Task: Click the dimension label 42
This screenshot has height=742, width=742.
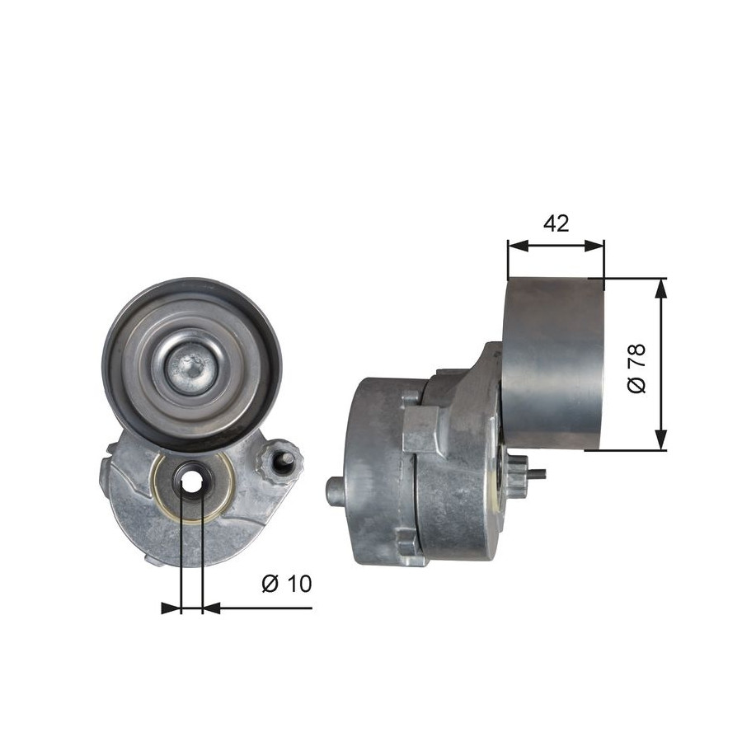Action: click(x=556, y=223)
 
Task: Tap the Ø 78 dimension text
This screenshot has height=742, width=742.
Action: click(x=636, y=369)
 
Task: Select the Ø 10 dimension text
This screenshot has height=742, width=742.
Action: click(x=287, y=584)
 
